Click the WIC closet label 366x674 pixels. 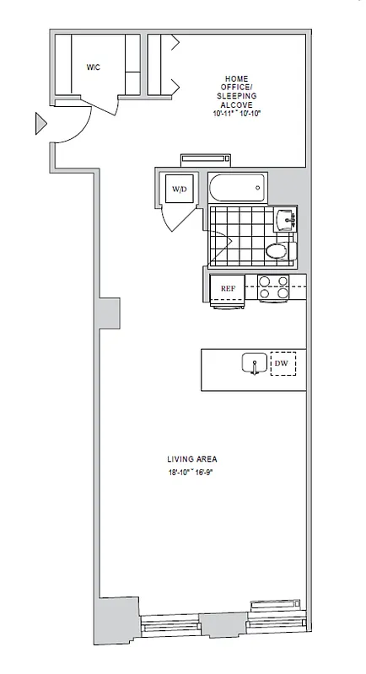[93, 67]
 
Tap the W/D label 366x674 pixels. [180, 190]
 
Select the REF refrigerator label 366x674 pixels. [227, 288]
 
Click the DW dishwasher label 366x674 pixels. [282, 364]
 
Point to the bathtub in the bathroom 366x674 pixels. [235, 188]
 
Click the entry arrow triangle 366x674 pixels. [40, 125]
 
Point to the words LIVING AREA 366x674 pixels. [192, 459]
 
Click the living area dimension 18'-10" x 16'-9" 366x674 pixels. [192, 472]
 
